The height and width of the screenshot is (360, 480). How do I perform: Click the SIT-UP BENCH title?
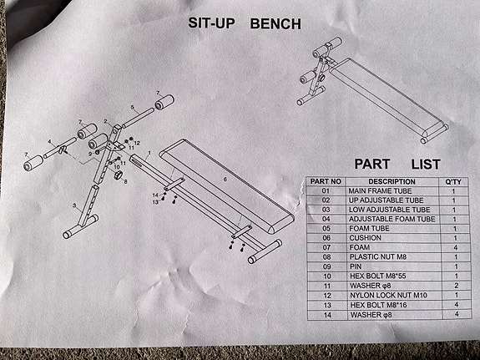click(x=245, y=23)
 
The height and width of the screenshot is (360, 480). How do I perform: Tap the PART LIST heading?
click(x=397, y=165)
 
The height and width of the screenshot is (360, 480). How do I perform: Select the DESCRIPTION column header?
click(x=392, y=182)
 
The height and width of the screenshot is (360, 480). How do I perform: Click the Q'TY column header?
click(x=453, y=182)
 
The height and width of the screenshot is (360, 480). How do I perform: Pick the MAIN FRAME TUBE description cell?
click(x=380, y=191)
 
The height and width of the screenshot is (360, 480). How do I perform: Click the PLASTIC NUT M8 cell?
click(x=378, y=256)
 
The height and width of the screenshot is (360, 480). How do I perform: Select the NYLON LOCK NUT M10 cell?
click(x=388, y=296)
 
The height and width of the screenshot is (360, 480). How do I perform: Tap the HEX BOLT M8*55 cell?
click(x=378, y=276)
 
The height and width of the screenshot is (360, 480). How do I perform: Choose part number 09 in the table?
click(x=327, y=266)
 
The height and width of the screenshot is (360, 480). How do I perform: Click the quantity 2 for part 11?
click(x=456, y=286)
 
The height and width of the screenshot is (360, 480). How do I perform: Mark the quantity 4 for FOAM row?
click(x=456, y=247)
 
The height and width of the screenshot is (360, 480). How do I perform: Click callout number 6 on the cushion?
click(x=225, y=180)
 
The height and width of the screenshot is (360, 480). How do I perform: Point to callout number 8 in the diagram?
click(x=125, y=182)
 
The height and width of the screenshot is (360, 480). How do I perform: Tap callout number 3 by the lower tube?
click(x=74, y=205)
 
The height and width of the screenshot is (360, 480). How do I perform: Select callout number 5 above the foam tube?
click(x=132, y=107)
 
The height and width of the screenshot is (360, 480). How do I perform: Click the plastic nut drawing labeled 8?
click(x=119, y=175)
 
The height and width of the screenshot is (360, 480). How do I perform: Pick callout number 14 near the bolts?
click(x=155, y=195)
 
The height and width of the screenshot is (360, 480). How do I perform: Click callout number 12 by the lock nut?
click(x=137, y=143)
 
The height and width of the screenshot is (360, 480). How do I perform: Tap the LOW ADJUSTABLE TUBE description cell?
click(x=389, y=210)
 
